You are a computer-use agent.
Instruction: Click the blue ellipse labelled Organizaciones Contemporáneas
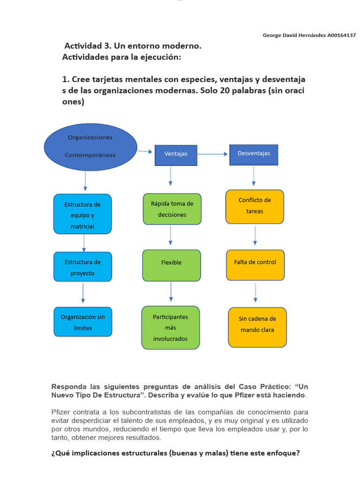tap(90, 147)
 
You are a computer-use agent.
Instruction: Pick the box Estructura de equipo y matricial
tap(82, 214)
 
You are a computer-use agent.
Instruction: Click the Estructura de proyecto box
tap(82, 267)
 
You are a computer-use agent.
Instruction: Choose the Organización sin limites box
tap(83, 322)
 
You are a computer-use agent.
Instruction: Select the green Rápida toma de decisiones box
tap(172, 209)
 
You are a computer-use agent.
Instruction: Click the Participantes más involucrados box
tap(171, 328)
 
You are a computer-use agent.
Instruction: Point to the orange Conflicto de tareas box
tap(255, 206)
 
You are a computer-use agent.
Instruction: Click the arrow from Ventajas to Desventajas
tap(213, 154)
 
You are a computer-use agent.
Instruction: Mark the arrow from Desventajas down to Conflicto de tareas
tap(254, 176)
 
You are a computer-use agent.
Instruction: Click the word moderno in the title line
tap(181, 46)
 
